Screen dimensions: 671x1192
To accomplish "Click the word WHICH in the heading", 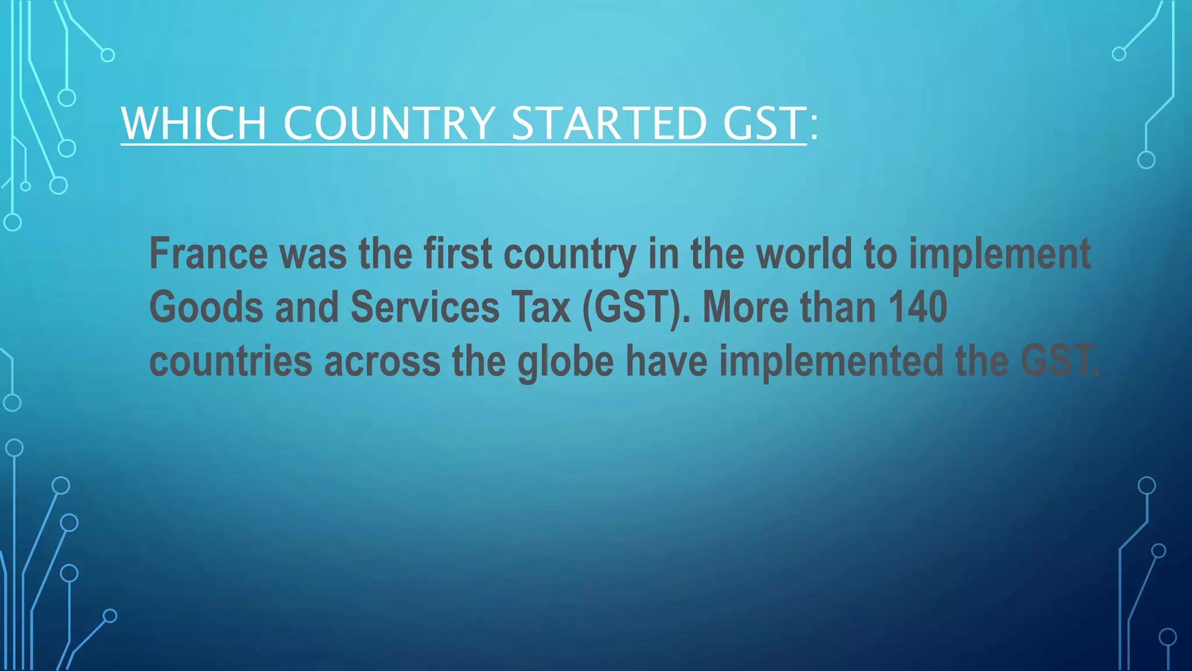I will click(x=193, y=123).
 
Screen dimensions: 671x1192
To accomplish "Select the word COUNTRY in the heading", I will click(x=389, y=123).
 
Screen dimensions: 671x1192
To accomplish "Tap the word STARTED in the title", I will click(x=609, y=123).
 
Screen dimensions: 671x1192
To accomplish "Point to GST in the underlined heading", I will click(x=764, y=123).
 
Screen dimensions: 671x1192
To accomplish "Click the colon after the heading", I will click(x=814, y=125).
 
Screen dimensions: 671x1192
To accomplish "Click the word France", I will click(x=208, y=254).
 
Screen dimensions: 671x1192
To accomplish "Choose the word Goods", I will click(x=206, y=308).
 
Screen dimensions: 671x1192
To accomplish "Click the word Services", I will click(x=425, y=308).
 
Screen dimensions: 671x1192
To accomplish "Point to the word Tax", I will click(x=541, y=308).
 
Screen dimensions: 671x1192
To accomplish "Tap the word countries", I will click(x=230, y=361).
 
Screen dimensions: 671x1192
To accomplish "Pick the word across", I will click(x=382, y=361).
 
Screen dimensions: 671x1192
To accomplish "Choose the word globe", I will click(x=565, y=361).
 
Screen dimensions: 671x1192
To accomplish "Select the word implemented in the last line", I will click(x=831, y=361).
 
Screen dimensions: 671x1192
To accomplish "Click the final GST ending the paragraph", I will click(x=1058, y=361).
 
